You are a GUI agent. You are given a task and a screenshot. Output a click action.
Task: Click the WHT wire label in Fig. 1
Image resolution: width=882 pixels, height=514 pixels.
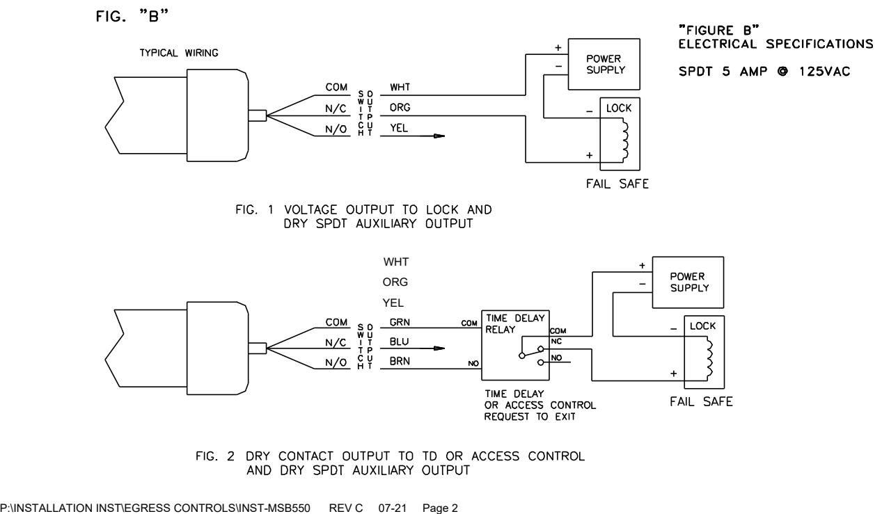pyautogui.click(x=400, y=87)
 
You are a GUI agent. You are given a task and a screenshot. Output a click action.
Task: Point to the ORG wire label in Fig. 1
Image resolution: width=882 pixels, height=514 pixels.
pyautogui.click(x=400, y=107)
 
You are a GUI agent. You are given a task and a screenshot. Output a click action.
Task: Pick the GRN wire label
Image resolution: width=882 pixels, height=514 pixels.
pyautogui.click(x=400, y=322)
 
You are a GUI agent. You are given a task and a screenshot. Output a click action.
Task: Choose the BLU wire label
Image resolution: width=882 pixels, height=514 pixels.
pyautogui.click(x=399, y=342)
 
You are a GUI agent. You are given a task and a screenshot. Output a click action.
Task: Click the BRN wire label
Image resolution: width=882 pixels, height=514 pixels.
pyautogui.click(x=400, y=361)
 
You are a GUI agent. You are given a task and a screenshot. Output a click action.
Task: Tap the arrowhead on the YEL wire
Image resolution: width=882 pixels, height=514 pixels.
pyautogui.click(x=439, y=136)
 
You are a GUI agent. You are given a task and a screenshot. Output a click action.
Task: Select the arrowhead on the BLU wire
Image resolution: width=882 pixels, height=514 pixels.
pyautogui.click(x=439, y=348)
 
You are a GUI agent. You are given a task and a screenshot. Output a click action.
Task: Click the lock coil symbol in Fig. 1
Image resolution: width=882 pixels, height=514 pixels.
pyautogui.click(x=625, y=140)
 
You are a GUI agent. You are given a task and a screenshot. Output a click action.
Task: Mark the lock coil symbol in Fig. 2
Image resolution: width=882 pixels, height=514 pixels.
pyautogui.click(x=709, y=358)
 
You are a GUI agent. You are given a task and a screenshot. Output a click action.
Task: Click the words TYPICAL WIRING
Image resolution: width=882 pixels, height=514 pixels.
pyautogui.click(x=179, y=53)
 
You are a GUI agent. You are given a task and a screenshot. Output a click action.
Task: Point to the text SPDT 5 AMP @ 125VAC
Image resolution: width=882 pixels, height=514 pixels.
pyautogui.click(x=764, y=72)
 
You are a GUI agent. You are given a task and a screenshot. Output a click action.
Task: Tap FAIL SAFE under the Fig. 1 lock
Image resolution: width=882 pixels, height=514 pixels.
pyautogui.click(x=617, y=184)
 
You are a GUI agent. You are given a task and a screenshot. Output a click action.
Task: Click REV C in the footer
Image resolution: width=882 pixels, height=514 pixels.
pyautogui.click(x=346, y=508)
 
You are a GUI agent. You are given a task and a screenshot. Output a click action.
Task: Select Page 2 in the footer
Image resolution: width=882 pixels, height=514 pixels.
pyautogui.click(x=440, y=508)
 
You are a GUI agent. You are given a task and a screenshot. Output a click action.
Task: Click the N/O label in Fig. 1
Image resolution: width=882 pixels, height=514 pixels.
pyautogui.click(x=336, y=129)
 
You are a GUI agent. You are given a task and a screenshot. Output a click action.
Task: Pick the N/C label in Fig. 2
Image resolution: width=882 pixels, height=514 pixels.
pyautogui.click(x=336, y=342)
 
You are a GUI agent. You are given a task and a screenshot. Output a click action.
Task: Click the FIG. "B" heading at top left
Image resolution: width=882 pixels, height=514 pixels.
pyautogui.click(x=132, y=16)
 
